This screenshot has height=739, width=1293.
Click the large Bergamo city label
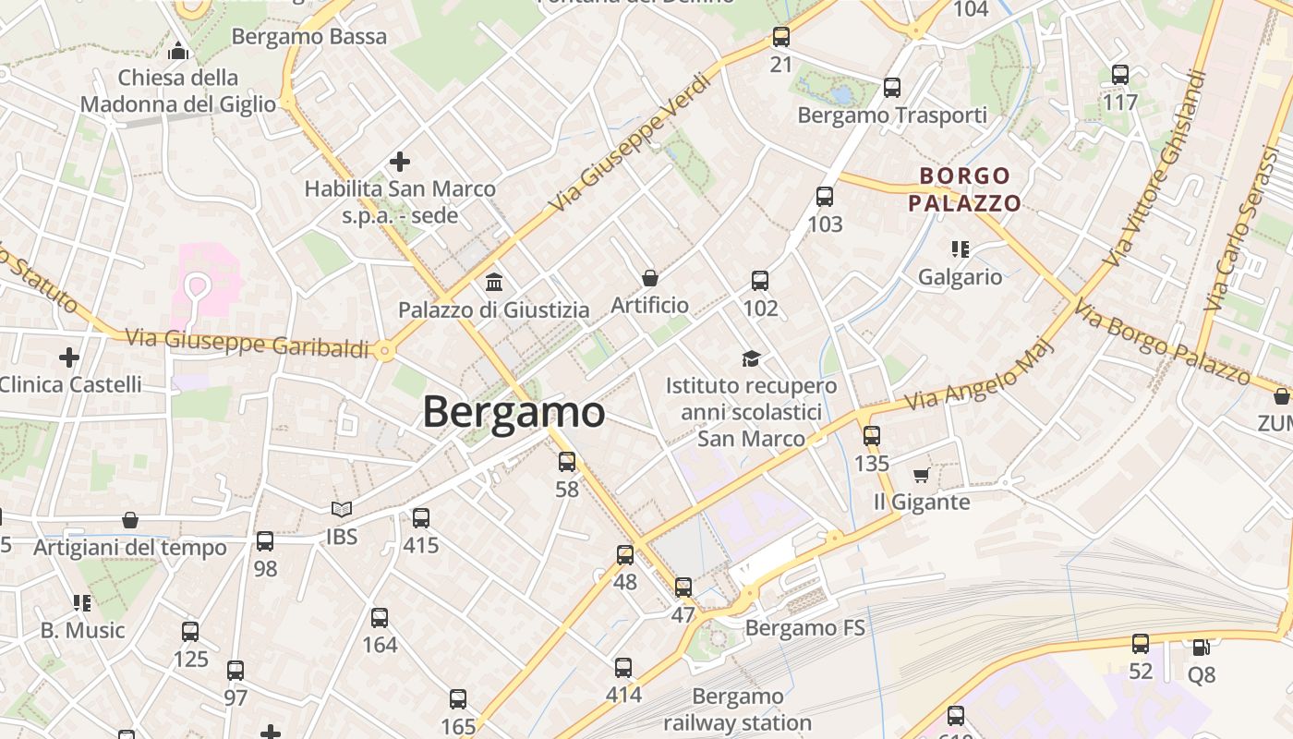tap(514, 412)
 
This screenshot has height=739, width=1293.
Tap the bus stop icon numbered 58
tap(567, 461)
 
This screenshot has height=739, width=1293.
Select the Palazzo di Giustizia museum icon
tap(494, 282)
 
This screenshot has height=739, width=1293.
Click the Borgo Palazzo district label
tap(964, 189)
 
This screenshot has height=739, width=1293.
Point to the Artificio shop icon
tap(650, 277)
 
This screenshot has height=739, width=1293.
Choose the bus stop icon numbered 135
tap(872, 436)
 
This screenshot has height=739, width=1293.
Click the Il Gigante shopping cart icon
tap(921, 476)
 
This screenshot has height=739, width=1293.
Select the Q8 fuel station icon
tap(1201, 648)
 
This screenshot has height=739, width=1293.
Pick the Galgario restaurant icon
tap(960, 248)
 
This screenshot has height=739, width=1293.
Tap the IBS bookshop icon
tap(342, 509)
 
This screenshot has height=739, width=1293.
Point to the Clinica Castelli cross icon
tap(69, 357)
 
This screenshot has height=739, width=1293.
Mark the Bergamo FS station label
tap(804, 629)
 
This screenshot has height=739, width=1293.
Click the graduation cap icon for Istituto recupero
tap(751, 357)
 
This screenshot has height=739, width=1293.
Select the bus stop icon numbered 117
tap(1120, 75)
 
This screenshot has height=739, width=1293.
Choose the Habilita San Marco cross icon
tap(399, 162)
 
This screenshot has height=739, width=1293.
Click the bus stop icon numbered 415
tap(421, 518)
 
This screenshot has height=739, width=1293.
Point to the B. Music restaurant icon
tap(82, 603)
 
